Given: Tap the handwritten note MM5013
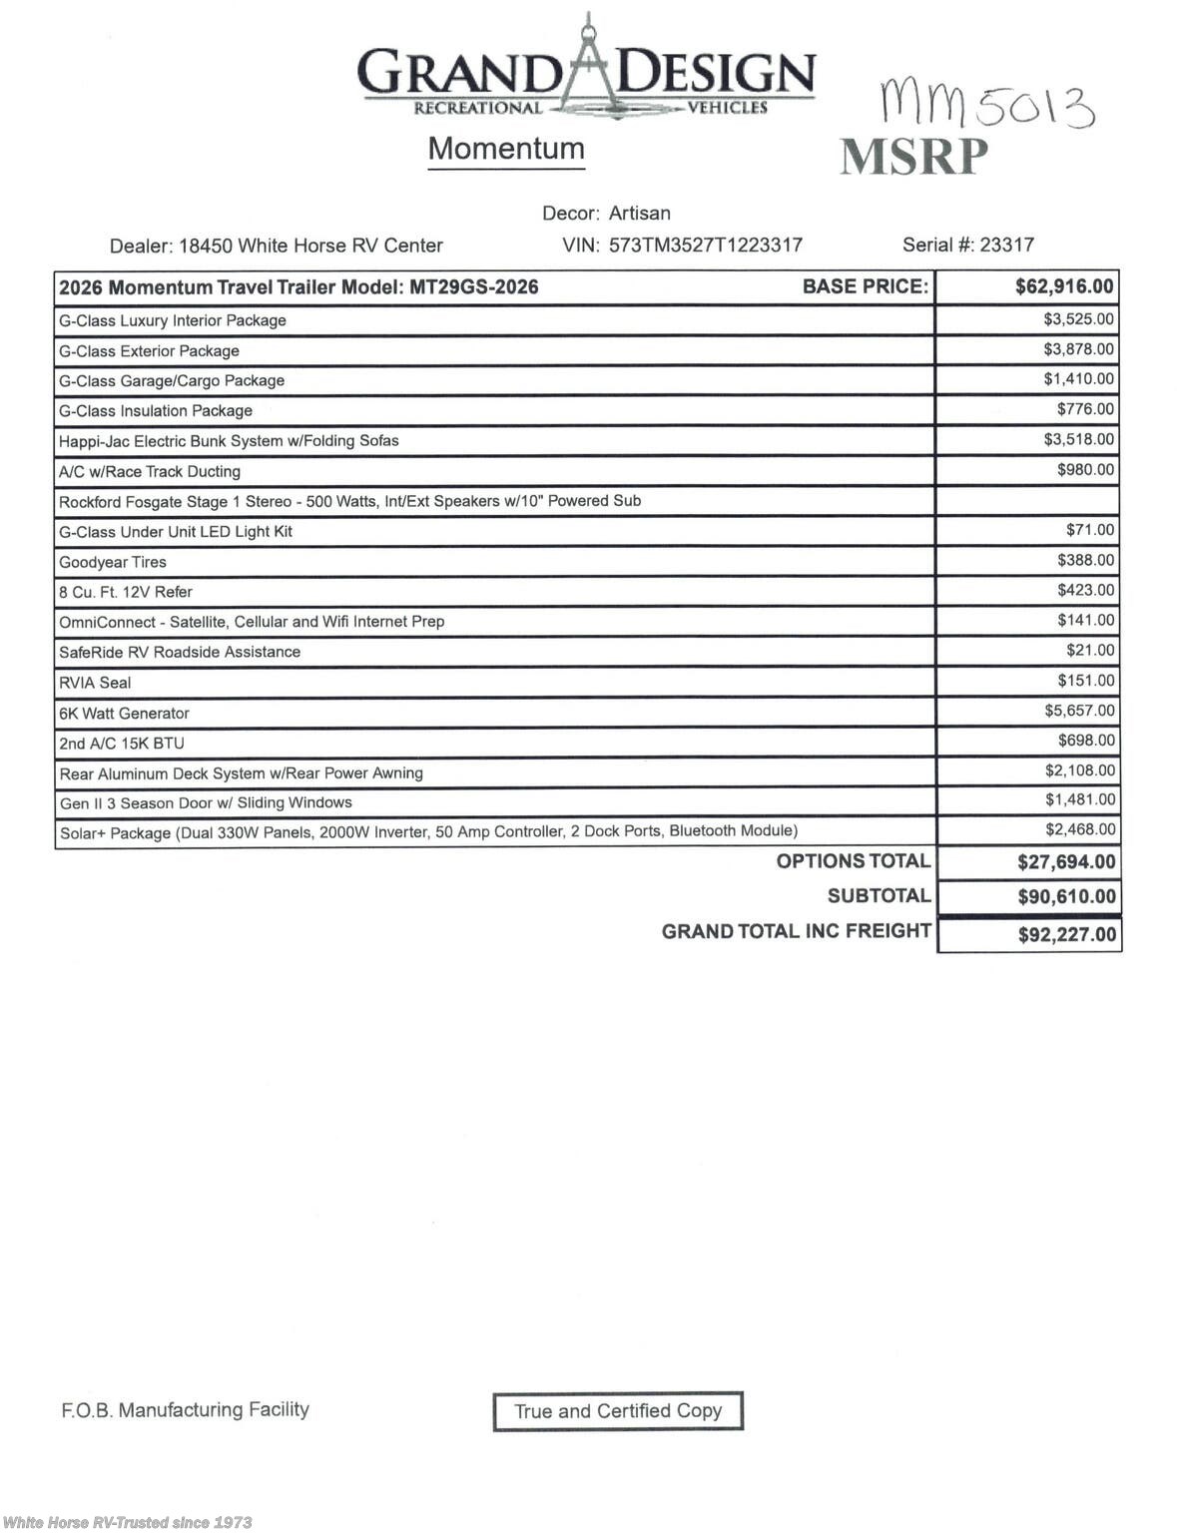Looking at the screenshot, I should click(985, 105).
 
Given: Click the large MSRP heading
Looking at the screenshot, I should click(913, 158).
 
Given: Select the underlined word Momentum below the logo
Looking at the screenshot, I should click(506, 149).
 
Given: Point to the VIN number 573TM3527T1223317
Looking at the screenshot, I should click(706, 246).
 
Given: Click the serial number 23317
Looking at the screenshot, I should click(1006, 245).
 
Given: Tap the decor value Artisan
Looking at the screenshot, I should click(640, 214).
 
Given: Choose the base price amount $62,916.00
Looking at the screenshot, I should click(1064, 287).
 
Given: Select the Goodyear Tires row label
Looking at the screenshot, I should click(113, 562).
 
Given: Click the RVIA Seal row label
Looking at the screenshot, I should click(95, 683).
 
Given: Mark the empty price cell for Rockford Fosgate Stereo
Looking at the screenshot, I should click(1027, 501).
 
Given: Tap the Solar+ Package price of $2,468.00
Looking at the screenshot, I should click(1080, 829).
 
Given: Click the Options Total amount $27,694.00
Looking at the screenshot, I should click(1066, 862).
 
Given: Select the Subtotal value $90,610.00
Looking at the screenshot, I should click(1066, 897).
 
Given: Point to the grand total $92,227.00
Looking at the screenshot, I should click(1066, 935).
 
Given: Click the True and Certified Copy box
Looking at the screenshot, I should click(618, 1411).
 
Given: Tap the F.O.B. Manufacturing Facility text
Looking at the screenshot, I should click(186, 1410).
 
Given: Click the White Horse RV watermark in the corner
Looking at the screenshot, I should click(128, 1522).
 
